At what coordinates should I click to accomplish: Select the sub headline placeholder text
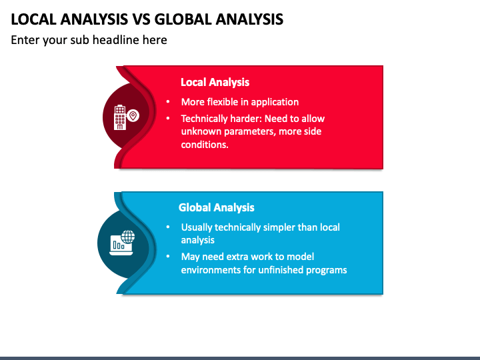click(x=89, y=40)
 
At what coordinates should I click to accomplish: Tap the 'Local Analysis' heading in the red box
click(x=215, y=82)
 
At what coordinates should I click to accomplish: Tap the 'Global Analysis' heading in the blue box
click(x=216, y=207)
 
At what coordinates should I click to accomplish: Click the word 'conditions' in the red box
click(x=204, y=144)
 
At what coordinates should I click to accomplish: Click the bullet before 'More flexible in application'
click(x=168, y=102)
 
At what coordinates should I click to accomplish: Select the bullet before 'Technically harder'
click(x=168, y=119)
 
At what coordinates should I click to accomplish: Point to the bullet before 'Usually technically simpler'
click(x=168, y=227)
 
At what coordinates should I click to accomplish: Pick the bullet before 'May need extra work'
click(x=168, y=257)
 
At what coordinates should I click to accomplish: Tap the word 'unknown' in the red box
click(x=199, y=131)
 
